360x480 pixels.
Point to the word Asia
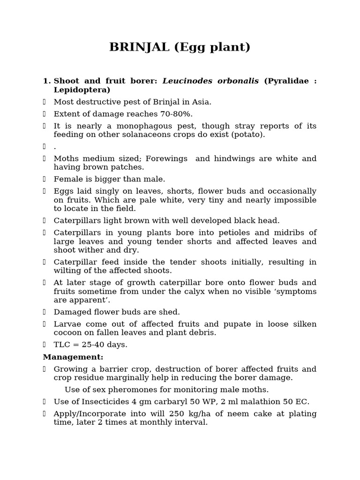(202, 102)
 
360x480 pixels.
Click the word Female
(67, 179)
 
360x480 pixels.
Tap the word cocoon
(67, 332)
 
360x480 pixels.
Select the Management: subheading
(73, 357)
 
